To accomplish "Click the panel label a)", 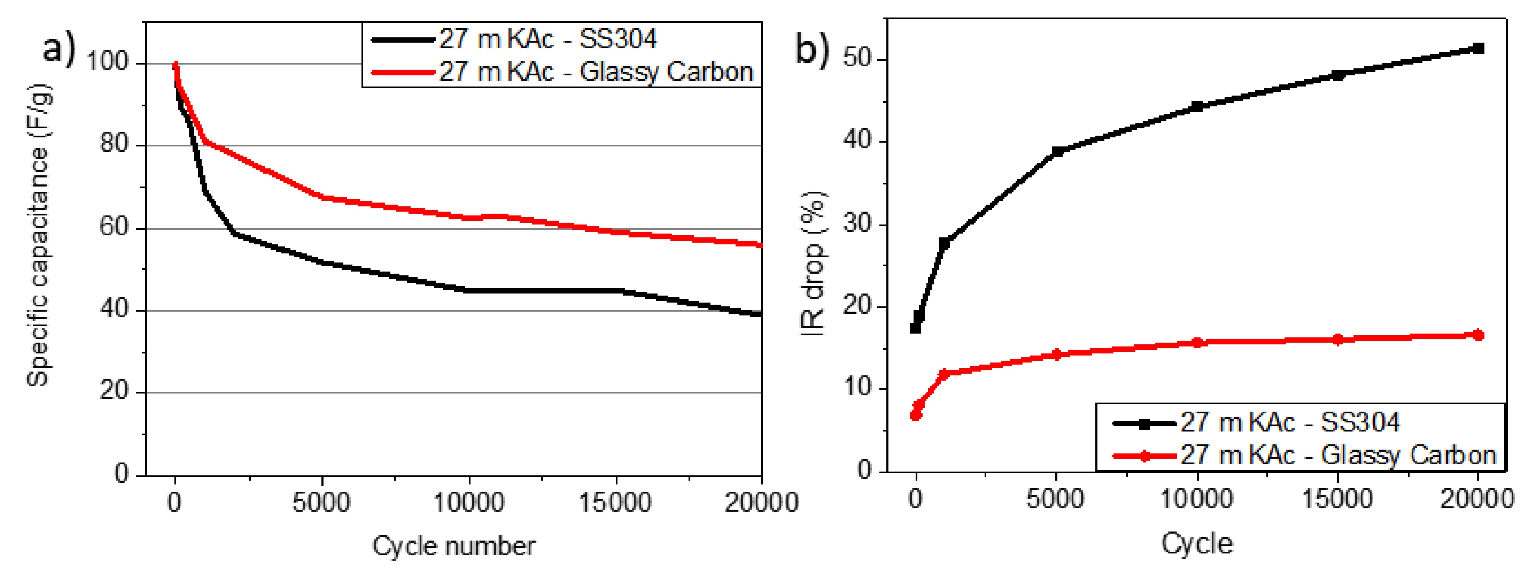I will tap(59, 48).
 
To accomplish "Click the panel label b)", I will tap(812, 48).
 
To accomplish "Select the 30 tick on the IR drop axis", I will tap(858, 224).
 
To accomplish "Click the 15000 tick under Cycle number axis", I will tap(615, 503).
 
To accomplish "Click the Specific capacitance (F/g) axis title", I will tap(39, 236).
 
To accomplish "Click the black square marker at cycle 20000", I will tap(1478, 48).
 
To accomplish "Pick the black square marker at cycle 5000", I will tap(1057, 152).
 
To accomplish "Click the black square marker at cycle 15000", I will tap(1338, 75).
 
